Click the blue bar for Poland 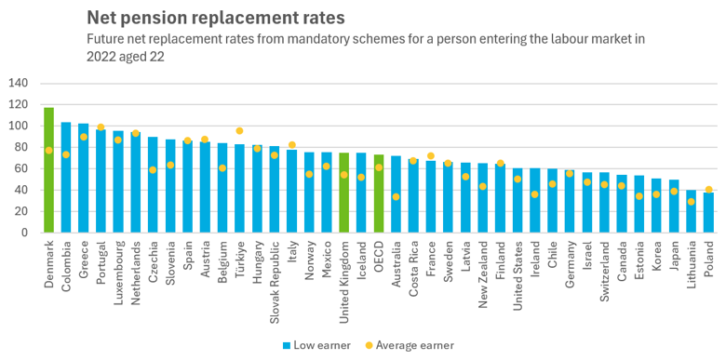(708, 212)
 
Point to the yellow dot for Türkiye (239, 131)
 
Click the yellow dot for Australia (397, 196)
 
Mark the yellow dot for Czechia (153, 169)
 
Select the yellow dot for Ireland (535, 194)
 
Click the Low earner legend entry (319, 345)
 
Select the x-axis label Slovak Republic (275, 269)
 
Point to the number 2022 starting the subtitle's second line (101, 56)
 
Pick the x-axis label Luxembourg (118, 265)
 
